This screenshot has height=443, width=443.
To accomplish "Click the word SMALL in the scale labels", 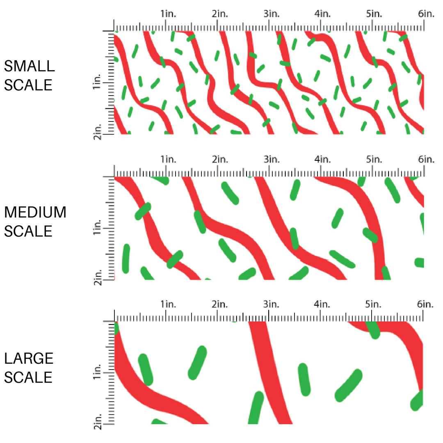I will coord(29,66).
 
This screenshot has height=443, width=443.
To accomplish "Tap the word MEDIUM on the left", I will coord(35,212).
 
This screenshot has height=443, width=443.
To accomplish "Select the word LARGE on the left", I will coord(29,359).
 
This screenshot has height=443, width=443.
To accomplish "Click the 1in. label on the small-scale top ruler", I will coord(168,14).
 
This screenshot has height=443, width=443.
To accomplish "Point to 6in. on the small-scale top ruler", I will coord(426,14).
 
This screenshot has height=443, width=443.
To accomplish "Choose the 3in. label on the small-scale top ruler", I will coord(271,14).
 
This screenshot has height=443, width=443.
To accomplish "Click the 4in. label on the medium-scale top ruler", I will coord(323,159).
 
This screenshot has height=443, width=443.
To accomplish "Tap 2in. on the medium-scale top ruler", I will coord(220,159).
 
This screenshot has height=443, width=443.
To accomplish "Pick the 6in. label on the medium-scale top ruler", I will coord(426,159).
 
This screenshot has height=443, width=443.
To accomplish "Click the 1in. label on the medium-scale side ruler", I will coord(97,227).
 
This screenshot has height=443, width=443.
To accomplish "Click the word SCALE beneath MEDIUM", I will coord(28,231).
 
